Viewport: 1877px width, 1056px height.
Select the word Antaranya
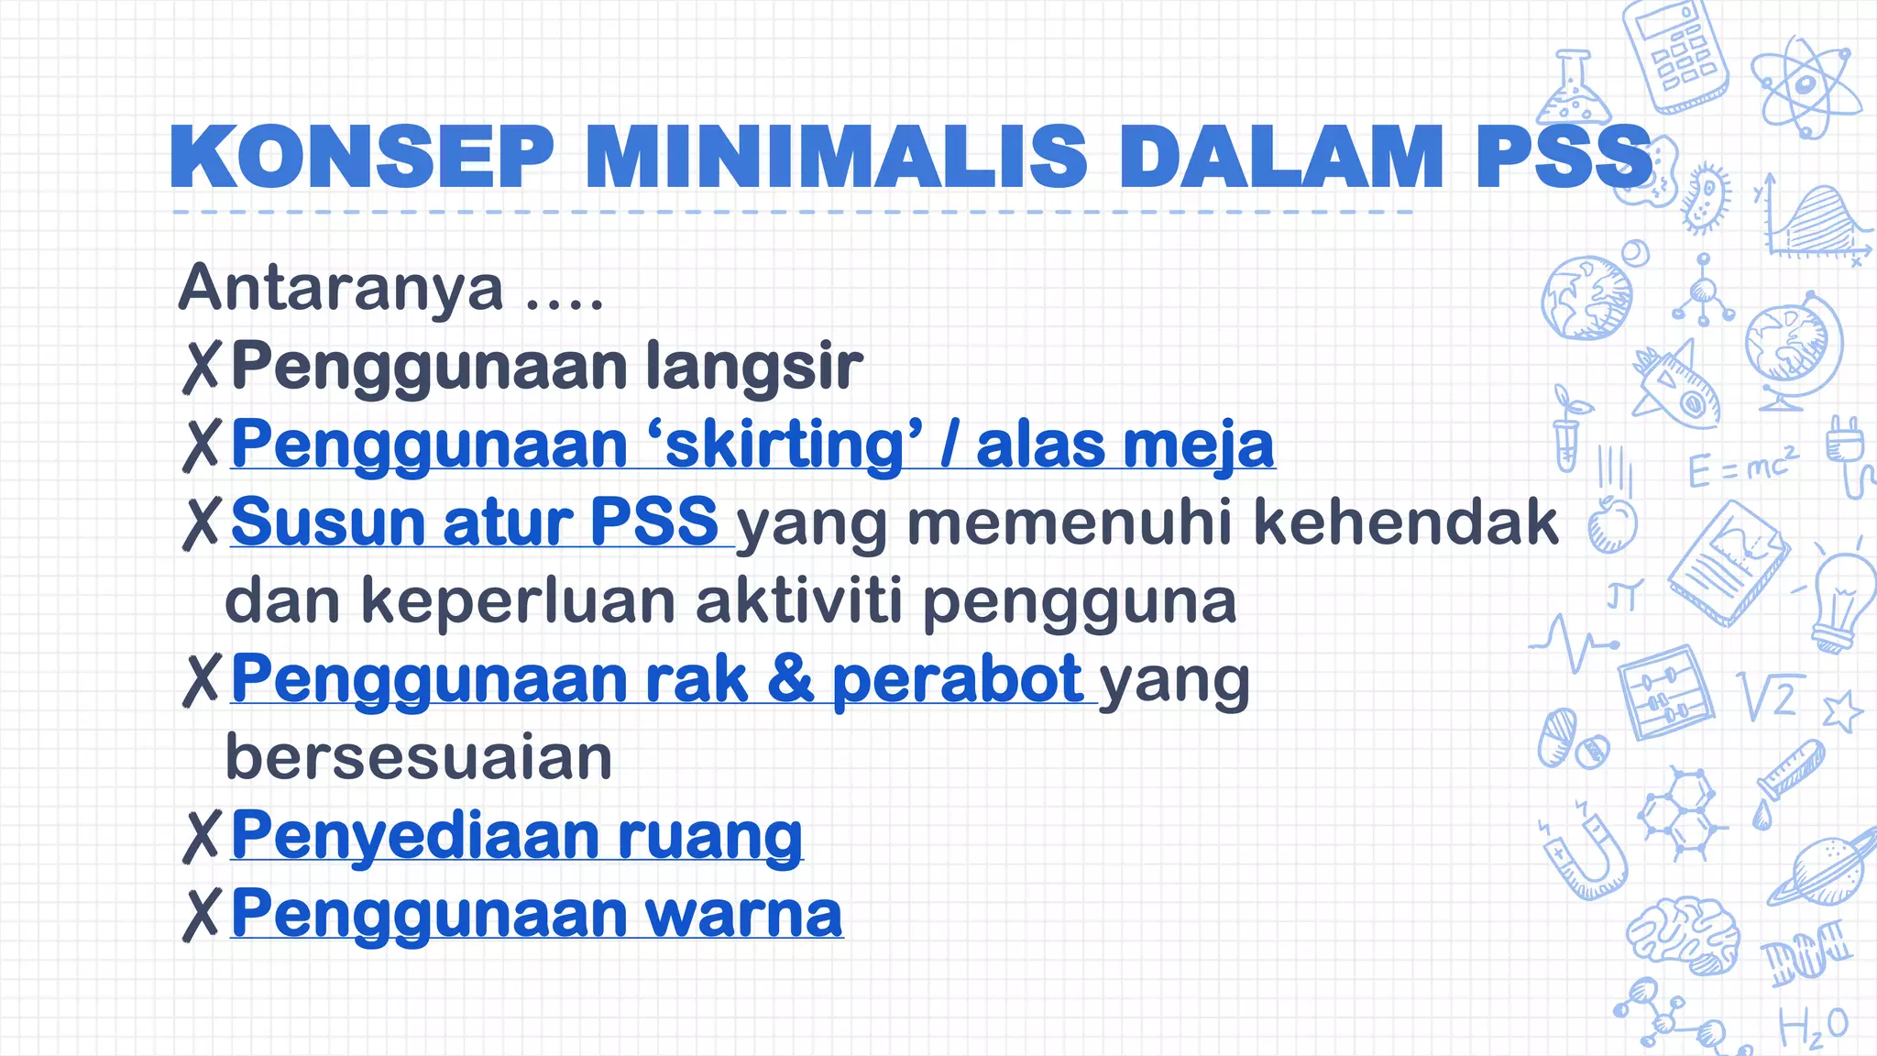(341, 288)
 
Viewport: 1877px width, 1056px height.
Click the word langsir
(753, 366)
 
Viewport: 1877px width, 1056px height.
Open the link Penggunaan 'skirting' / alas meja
(752, 445)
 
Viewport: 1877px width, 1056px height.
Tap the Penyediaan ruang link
(517, 836)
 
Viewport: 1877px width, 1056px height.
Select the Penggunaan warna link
(536, 914)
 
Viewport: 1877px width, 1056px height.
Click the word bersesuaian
(419, 758)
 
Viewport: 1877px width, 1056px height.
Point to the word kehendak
(1405, 522)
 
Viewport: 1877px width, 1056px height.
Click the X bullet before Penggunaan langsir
(201, 368)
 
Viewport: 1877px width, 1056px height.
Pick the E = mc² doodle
(1742, 467)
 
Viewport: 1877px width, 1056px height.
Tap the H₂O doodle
(1813, 1028)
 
